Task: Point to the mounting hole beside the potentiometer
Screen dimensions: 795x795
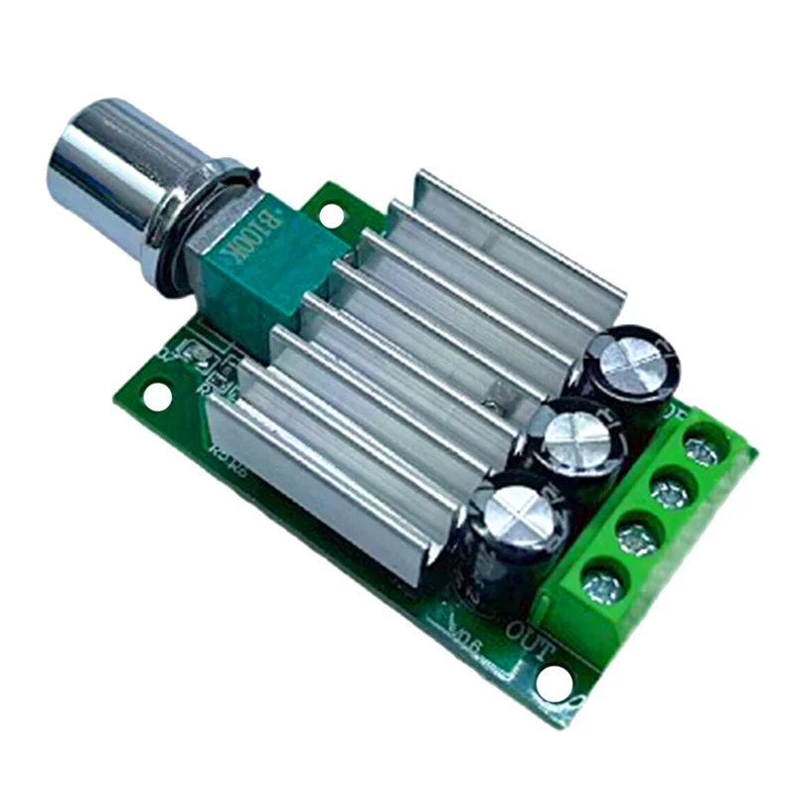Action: coord(332,212)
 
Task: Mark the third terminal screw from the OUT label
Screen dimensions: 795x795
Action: coord(670,491)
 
